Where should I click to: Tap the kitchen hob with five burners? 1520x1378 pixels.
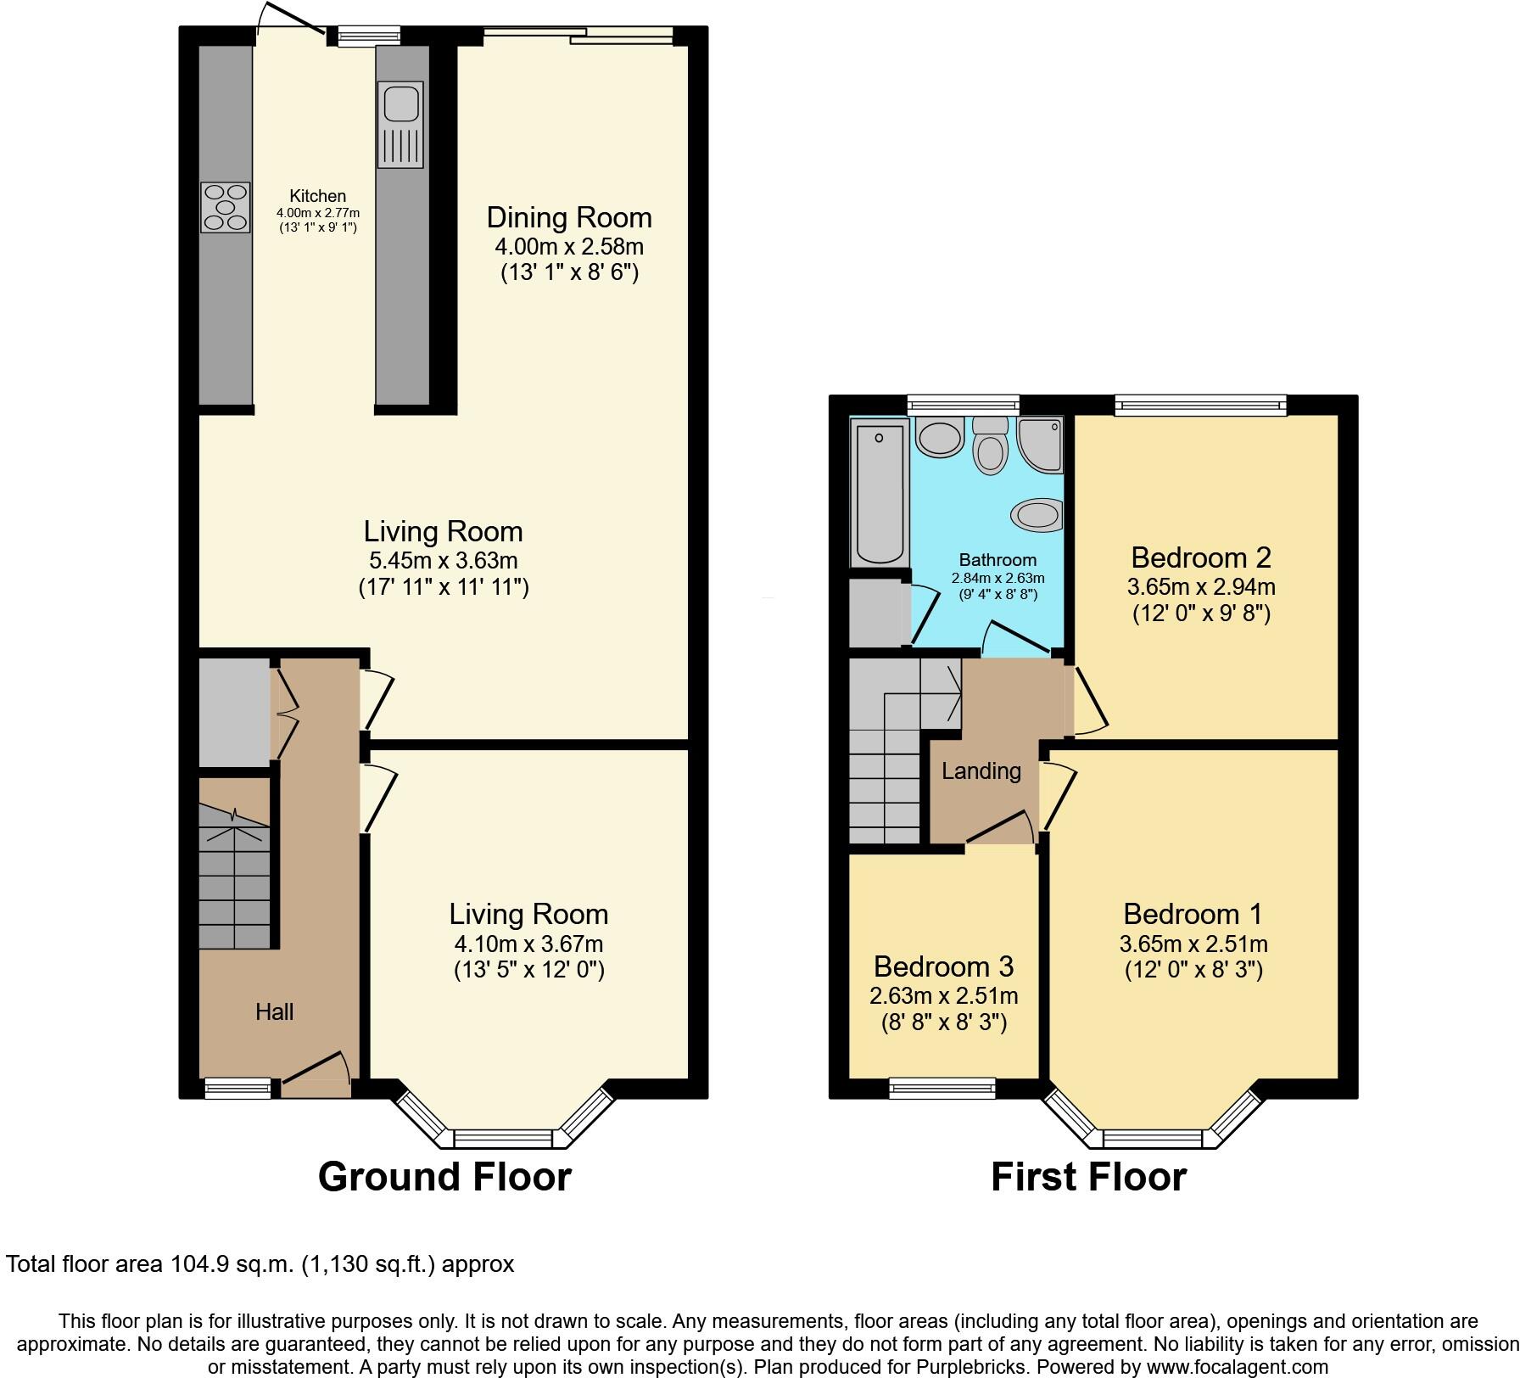coord(226,208)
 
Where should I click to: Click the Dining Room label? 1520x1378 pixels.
coord(569,218)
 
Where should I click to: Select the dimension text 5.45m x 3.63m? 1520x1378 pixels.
coord(443,560)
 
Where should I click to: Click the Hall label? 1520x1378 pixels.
coord(274,1011)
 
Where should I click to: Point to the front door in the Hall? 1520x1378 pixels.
coord(316,1068)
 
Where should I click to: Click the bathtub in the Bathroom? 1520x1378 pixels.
coord(879,494)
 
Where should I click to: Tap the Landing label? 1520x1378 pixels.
coord(981,771)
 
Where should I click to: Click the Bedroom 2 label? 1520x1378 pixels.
coord(1201,557)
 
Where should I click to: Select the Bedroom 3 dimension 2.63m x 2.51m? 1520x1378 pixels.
coord(943,995)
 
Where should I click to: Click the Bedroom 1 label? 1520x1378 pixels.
coord(1193,914)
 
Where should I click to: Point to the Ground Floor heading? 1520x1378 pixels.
coord(444,1177)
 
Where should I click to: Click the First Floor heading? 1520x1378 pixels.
coord(1088,1177)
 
